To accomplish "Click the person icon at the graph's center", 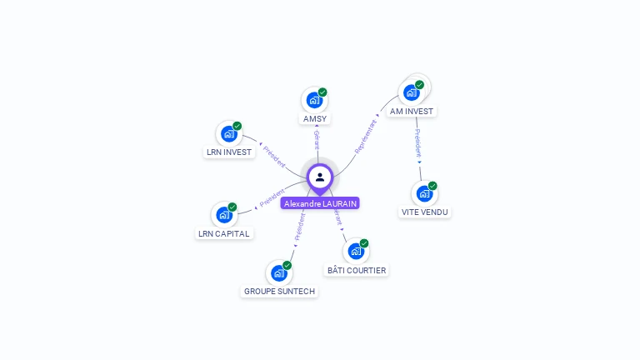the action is (320, 177).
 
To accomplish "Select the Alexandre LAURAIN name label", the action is (320, 203).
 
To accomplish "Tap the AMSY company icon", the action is (314, 100).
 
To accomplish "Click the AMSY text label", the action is (315, 119).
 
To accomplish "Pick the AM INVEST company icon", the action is (412, 92).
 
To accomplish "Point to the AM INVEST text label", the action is (412, 111).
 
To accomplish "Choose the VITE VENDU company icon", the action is (424, 193).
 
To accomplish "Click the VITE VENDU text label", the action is (425, 212).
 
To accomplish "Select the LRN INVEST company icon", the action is (228, 133).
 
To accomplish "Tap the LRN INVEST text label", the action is (229, 152).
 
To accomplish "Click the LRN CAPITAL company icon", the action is (223, 214).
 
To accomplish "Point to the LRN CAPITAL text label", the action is (224, 234).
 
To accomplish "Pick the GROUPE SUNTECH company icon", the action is (278, 272).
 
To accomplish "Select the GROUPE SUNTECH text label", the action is (279, 292).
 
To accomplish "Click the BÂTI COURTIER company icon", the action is (356, 251).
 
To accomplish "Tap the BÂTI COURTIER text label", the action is (357, 271).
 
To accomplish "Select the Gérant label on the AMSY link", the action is (317, 139).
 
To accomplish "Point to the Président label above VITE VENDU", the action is (417, 142).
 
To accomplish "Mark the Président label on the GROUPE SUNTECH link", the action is (298, 227).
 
